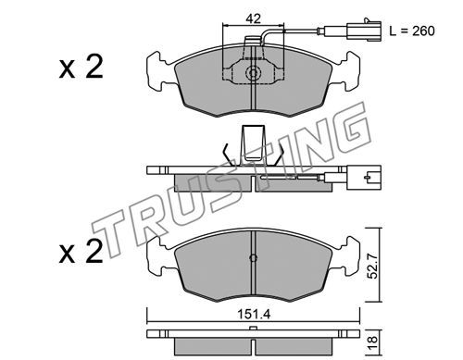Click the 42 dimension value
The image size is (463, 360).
(253, 19)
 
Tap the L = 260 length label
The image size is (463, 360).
(412, 31)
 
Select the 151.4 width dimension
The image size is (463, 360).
(254, 315)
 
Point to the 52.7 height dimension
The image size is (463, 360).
(373, 266)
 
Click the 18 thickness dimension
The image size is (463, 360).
(373, 341)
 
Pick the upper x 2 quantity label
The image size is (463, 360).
(81, 67)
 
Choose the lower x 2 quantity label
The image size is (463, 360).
(81, 252)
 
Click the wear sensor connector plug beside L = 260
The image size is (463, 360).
(364, 30)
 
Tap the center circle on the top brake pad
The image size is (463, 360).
(253, 73)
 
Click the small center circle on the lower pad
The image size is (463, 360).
(253, 258)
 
